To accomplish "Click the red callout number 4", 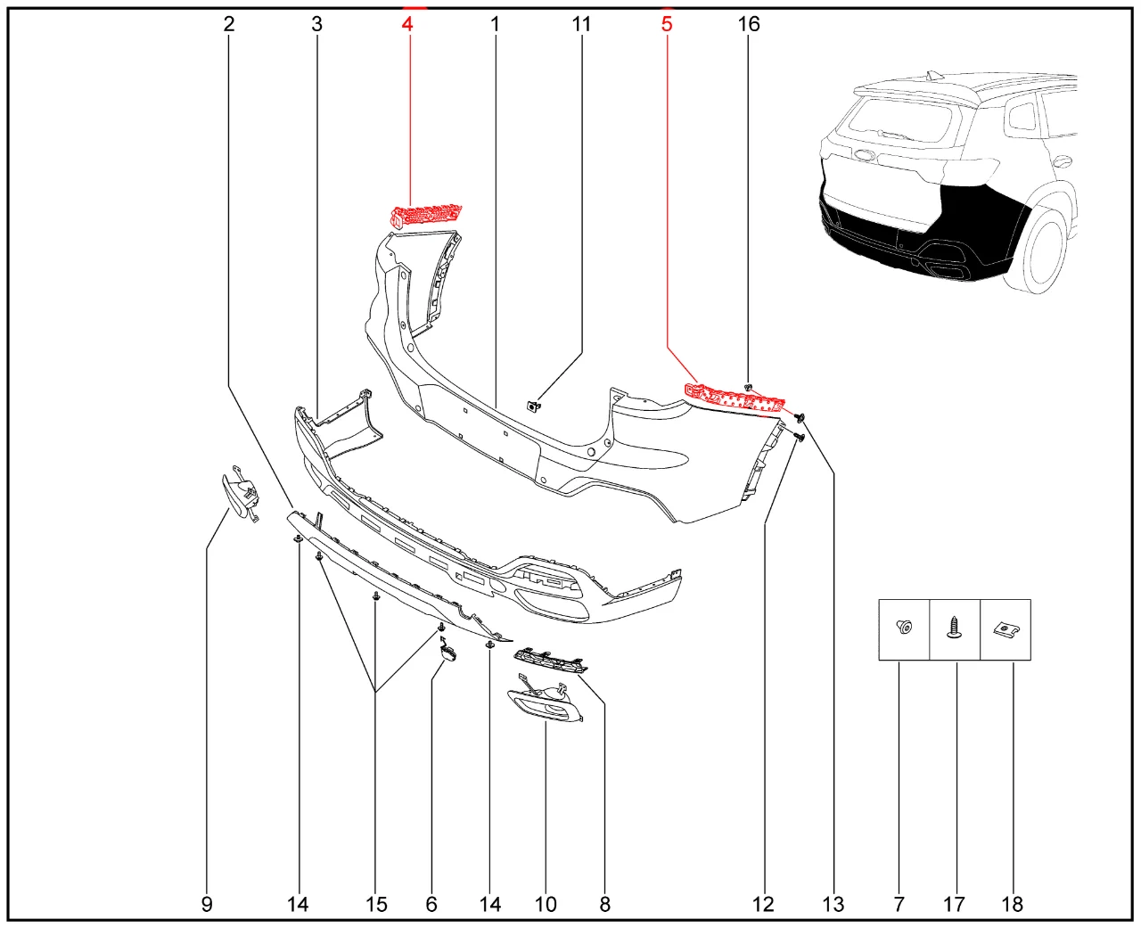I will click(x=407, y=24).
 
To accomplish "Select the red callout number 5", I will click(x=667, y=24).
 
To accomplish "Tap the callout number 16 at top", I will click(x=749, y=24).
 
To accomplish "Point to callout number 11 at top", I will click(x=581, y=24).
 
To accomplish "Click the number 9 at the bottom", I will click(x=207, y=904).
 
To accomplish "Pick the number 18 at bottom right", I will click(x=1013, y=904).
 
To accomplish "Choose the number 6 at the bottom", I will click(x=431, y=904).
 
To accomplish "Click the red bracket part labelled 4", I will click(x=427, y=215).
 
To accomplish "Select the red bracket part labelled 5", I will click(x=735, y=398).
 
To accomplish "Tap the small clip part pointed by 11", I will click(x=533, y=407).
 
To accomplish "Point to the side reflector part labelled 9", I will click(x=240, y=495).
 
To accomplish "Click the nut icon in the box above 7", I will click(x=904, y=628).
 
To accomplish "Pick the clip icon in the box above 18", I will click(x=1006, y=629).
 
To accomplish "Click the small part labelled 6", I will click(x=447, y=653).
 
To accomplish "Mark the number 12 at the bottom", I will click(x=763, y=904).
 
